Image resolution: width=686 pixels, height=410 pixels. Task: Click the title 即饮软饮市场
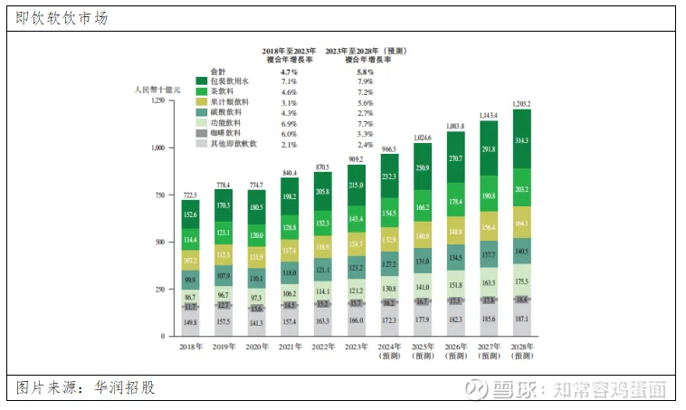pyautogui.click(x=62, y=17)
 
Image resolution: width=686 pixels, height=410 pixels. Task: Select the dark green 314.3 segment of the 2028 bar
pyautogui.click(x=522, y=141)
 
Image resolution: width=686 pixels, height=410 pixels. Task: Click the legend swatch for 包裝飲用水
pyautogui.click(x=201, y=82)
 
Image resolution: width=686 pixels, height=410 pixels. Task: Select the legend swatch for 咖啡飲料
pyautogui.click(x=201, y=133)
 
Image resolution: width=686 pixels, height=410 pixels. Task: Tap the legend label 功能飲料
pyautogui.click(x=225, y=123)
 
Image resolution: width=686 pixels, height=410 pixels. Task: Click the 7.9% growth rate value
pyautogui.click(x=366, y=82)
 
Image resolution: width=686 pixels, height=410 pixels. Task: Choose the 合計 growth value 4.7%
pyautogui.click(x=289, y=72)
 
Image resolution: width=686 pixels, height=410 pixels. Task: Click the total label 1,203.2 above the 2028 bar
pyautogui.click(x=522, y=105)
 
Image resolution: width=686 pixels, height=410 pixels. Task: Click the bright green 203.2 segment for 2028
pyautogui.click(x=522, y=190)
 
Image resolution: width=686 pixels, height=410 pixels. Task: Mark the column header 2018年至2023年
pyautogui.click(x=289, y=52)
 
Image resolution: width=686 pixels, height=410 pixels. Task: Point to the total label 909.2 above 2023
pyautogui.click(x=357, y=159)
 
